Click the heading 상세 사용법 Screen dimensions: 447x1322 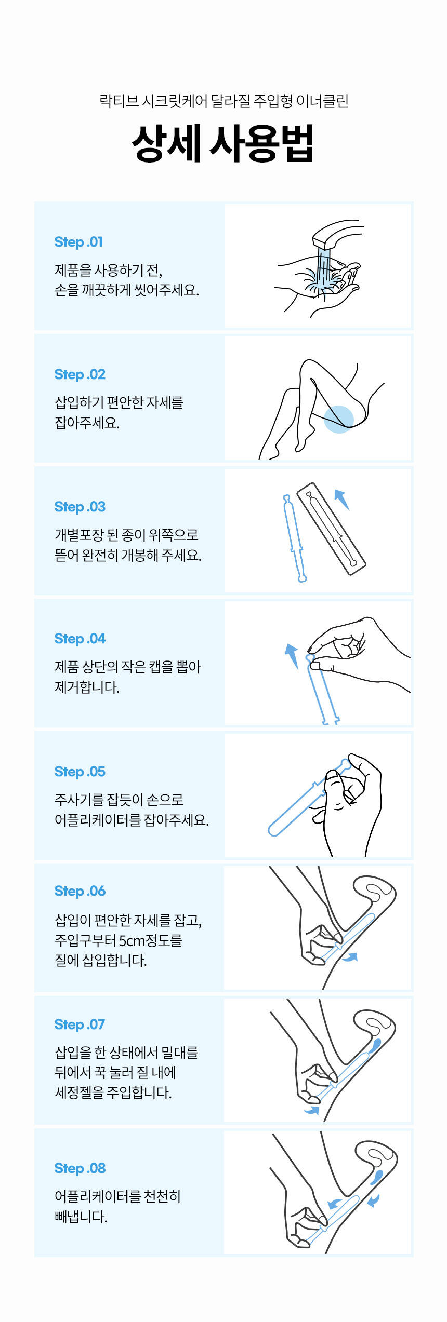tap(223, 144)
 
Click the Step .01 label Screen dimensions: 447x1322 tap(78, 242)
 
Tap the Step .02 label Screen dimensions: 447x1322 tap(80, 374)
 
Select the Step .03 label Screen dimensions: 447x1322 tap(80, 507)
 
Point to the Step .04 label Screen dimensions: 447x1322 tap(80, 639)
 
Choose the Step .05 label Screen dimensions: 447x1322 tap(80, 772)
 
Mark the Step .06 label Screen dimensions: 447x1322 tap(80, 891)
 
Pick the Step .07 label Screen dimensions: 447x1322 tap(80, 1024)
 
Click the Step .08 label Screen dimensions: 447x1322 tap(80, 1168)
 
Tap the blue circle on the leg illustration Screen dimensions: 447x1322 tap(339, 419)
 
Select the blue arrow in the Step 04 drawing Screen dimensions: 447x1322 tap(292, 656)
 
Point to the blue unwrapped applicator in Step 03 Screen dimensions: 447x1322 tap(294, 538)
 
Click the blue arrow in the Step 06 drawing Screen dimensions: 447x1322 tap(350, 957)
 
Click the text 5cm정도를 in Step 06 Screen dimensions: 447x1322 tap(151, 940)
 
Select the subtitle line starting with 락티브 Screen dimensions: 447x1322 tap(223, 101)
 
